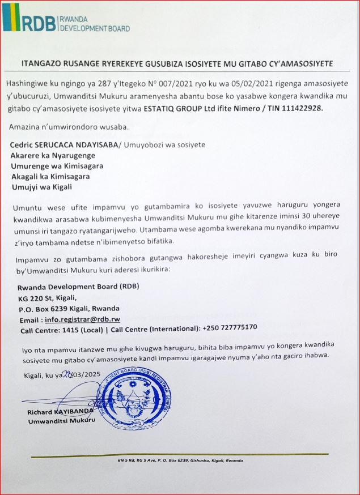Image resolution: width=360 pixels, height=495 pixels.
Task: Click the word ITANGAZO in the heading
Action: point(42,62)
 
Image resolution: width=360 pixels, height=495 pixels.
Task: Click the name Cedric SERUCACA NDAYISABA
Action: point(63,145)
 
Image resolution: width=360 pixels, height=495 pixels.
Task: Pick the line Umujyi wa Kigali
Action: point(43,187)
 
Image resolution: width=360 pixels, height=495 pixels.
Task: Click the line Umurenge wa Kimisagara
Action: point(57,166)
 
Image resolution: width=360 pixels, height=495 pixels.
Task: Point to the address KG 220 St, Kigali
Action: point(51,297)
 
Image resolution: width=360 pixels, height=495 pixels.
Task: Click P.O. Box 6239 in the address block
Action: point(49,308)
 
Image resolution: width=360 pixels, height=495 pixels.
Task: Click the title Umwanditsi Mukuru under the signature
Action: point(60,421)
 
